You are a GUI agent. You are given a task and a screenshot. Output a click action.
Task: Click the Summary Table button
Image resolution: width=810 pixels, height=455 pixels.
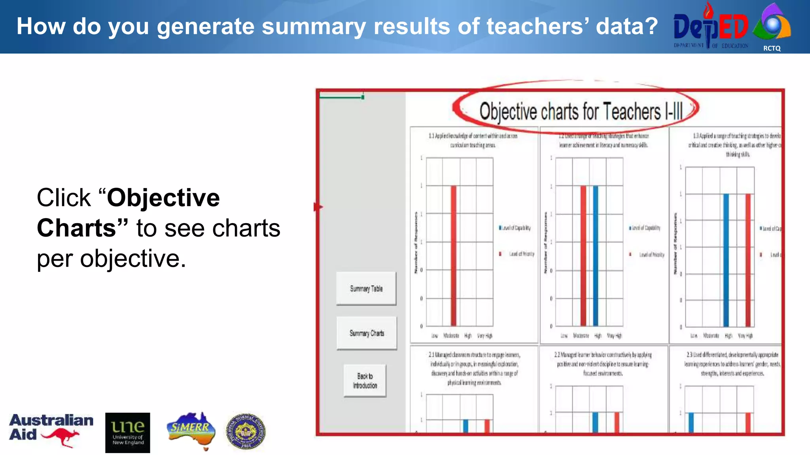point(366,289)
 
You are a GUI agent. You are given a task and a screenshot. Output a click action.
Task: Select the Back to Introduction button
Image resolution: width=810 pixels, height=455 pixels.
point(365,381)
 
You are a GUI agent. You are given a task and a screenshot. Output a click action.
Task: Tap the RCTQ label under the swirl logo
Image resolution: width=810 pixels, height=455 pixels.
point(772,48)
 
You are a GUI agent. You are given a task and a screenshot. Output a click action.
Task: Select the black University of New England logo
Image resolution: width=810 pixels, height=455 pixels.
point(127,432)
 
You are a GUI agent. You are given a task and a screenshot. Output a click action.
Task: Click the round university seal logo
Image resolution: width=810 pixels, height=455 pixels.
point(246,431)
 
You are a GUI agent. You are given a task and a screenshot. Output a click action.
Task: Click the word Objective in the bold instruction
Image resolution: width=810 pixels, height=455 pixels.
point(163,197)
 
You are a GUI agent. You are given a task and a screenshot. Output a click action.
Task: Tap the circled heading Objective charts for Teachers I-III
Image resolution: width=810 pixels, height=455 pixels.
point(581,111)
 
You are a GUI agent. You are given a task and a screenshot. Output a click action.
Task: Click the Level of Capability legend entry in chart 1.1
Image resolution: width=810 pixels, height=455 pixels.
point(515,228)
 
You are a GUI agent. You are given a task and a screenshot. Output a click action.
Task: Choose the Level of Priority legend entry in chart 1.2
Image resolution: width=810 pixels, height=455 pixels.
point(651,255)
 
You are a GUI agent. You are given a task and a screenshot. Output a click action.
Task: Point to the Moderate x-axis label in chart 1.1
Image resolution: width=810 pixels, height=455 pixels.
point(451,336)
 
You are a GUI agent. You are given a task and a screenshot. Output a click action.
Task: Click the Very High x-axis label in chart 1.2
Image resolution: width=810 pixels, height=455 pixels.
point(614,336)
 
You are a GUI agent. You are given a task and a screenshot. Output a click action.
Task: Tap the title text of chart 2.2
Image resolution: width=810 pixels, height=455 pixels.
point(603,364)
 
